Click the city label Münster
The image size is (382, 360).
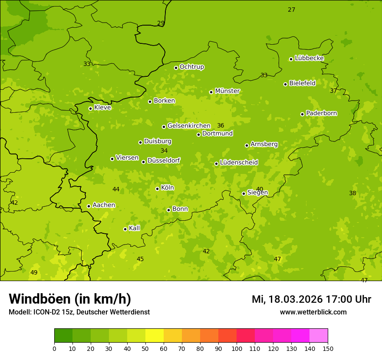click(x=227, y=91)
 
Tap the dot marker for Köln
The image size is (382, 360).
click(x=158, y=189)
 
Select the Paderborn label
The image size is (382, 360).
click(x=321, y=113)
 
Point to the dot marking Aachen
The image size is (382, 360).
click(x=89, y=206)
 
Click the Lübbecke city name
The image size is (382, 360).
click(x=309, y=58)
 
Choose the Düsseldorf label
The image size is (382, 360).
click(x=163, y=160)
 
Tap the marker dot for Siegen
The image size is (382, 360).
click(x=244, y=194)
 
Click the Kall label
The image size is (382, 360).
click(x=134, y=228)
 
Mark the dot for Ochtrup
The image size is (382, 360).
click(x=176, y=68)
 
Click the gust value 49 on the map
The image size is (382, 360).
click(x=34, y=272)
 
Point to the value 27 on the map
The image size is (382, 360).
click(x=291, y=10)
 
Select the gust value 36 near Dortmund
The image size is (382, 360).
click(x=221, y=125)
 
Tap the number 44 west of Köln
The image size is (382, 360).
click(x=116, y=189)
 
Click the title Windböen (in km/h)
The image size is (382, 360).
click(x=70, y=299)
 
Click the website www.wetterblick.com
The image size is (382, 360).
click(x=313, y=312)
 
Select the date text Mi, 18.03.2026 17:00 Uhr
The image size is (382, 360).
click(x=311, y=299)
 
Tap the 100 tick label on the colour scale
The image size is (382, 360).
click(x=237, y=348)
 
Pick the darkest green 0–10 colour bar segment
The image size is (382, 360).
click(x=63, y=336)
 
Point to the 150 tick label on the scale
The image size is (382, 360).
click(x=328, y=348)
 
